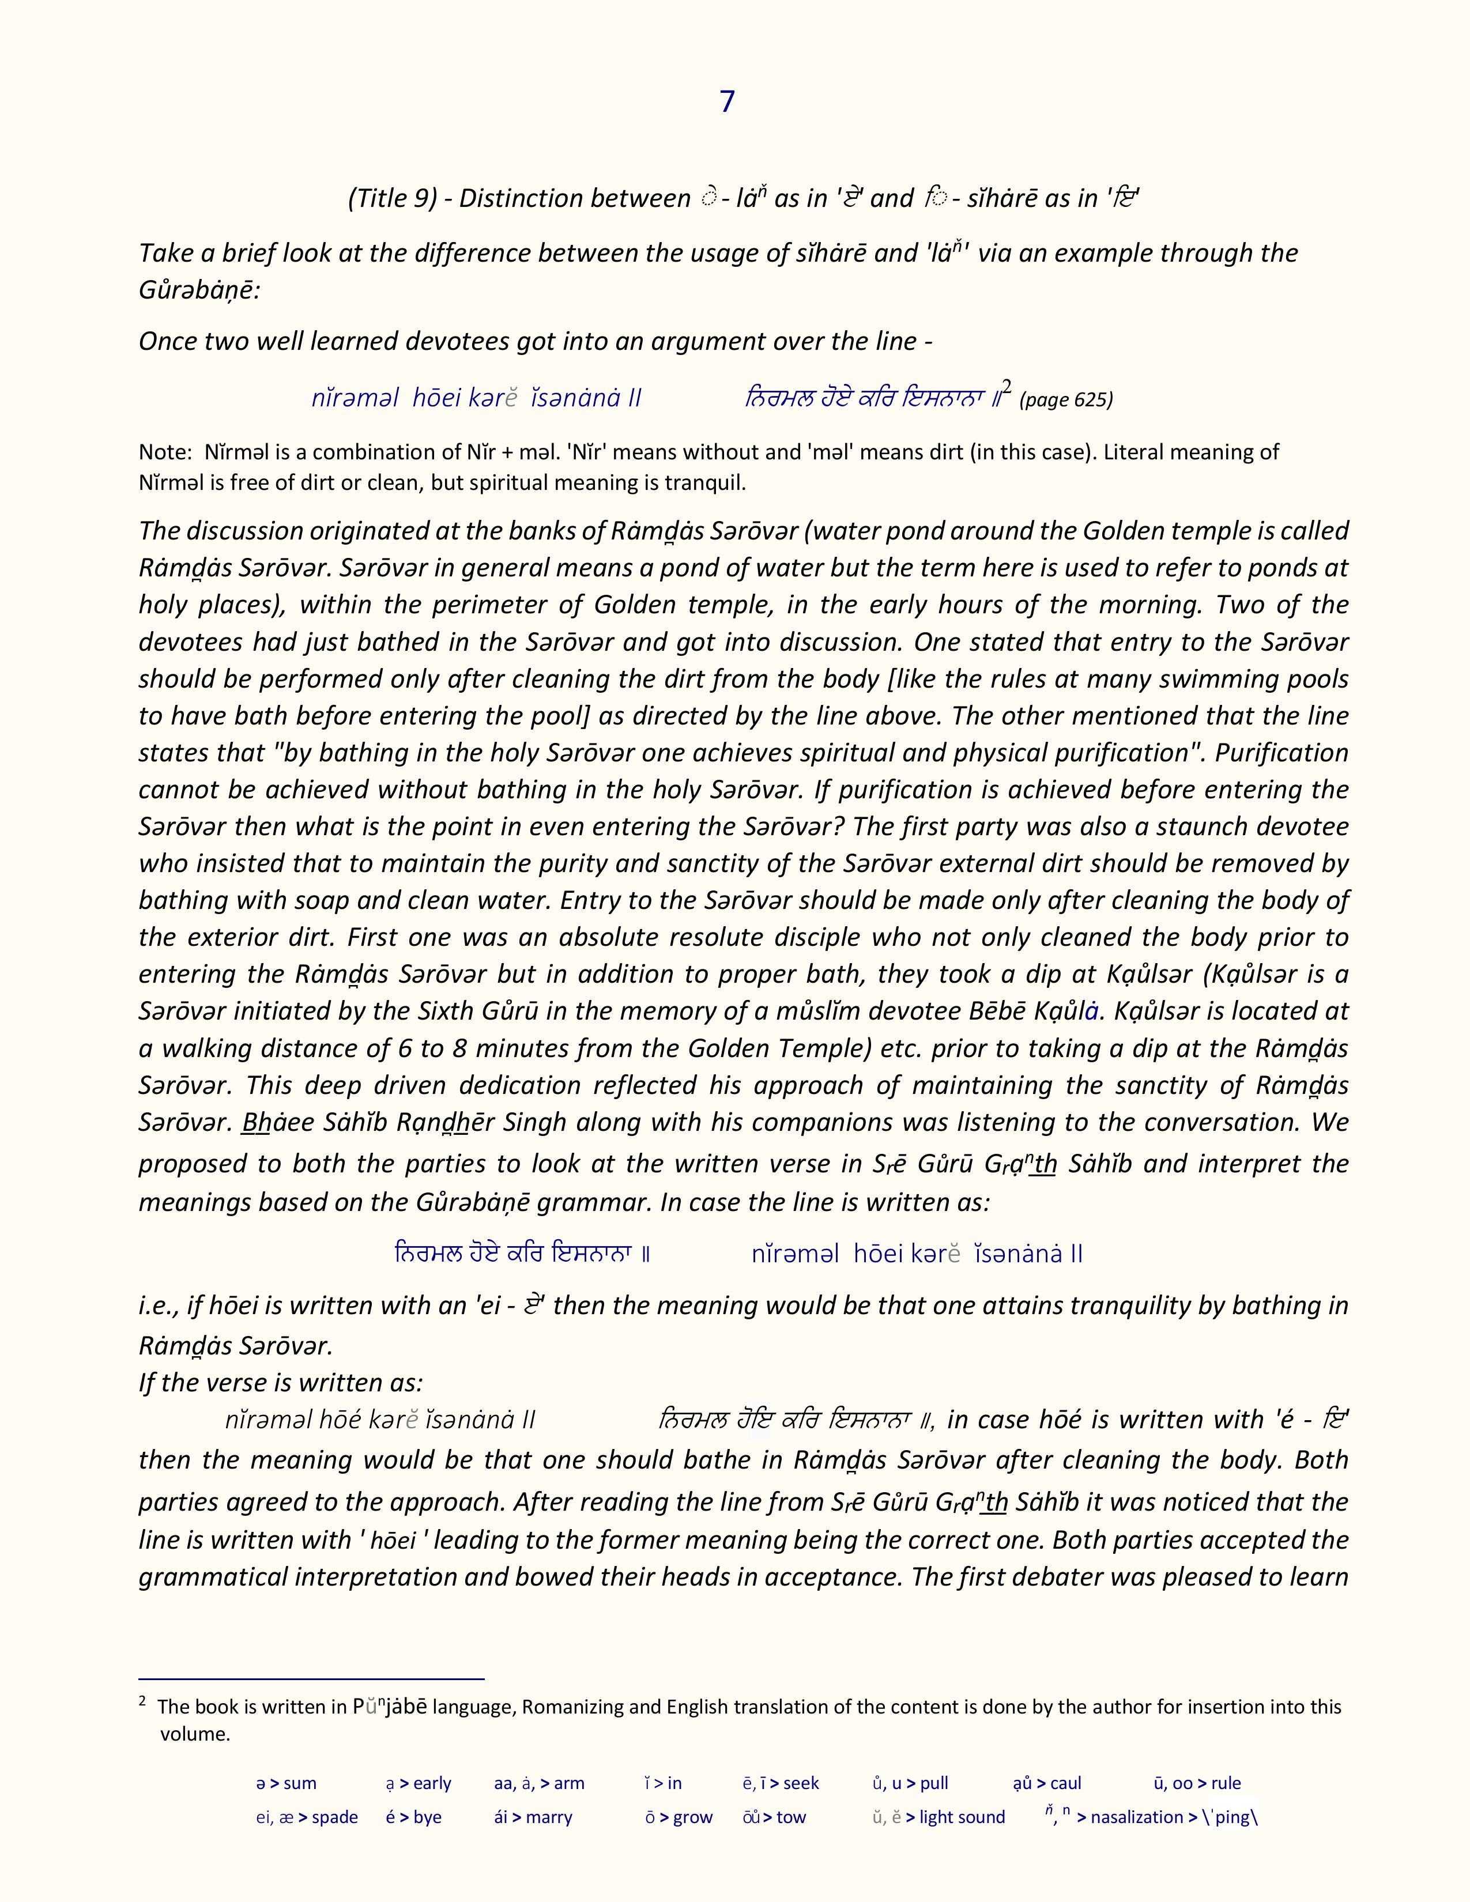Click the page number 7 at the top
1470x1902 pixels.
727,102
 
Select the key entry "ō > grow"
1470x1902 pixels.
679,1817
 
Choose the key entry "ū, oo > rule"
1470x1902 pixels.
1197,1783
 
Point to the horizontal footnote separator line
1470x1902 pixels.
311,1678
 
